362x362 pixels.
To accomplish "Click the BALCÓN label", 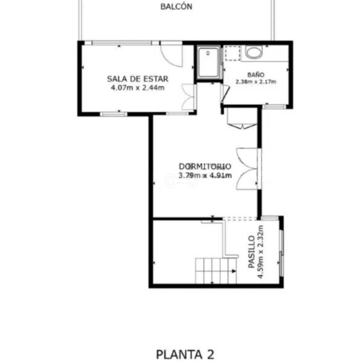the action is pos(176,7).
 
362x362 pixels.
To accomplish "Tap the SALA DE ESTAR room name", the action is pos(138,79).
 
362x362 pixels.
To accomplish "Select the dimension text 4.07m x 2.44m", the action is pos(138,88).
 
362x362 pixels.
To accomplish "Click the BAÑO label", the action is pos(256,75).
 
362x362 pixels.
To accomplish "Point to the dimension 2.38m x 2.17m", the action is pos(256,81).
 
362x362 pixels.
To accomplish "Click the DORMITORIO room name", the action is pos(205,167).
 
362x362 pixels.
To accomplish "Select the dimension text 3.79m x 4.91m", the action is pos(205,176).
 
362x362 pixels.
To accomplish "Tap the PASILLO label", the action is pos(252,252).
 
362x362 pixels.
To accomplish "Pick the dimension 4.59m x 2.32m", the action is pos(261,252).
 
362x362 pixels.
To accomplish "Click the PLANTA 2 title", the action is pos(185,354).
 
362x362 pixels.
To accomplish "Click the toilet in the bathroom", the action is pos(254,52).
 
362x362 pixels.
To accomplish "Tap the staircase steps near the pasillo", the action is pos(216,271).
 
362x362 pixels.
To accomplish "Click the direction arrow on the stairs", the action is pos(234,271).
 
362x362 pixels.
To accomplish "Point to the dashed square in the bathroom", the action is pos(233,53).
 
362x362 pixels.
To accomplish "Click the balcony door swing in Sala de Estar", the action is pos(171,55).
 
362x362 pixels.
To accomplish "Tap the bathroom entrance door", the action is pos(224,94).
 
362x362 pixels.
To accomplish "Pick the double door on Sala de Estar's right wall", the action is pos(189,97).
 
